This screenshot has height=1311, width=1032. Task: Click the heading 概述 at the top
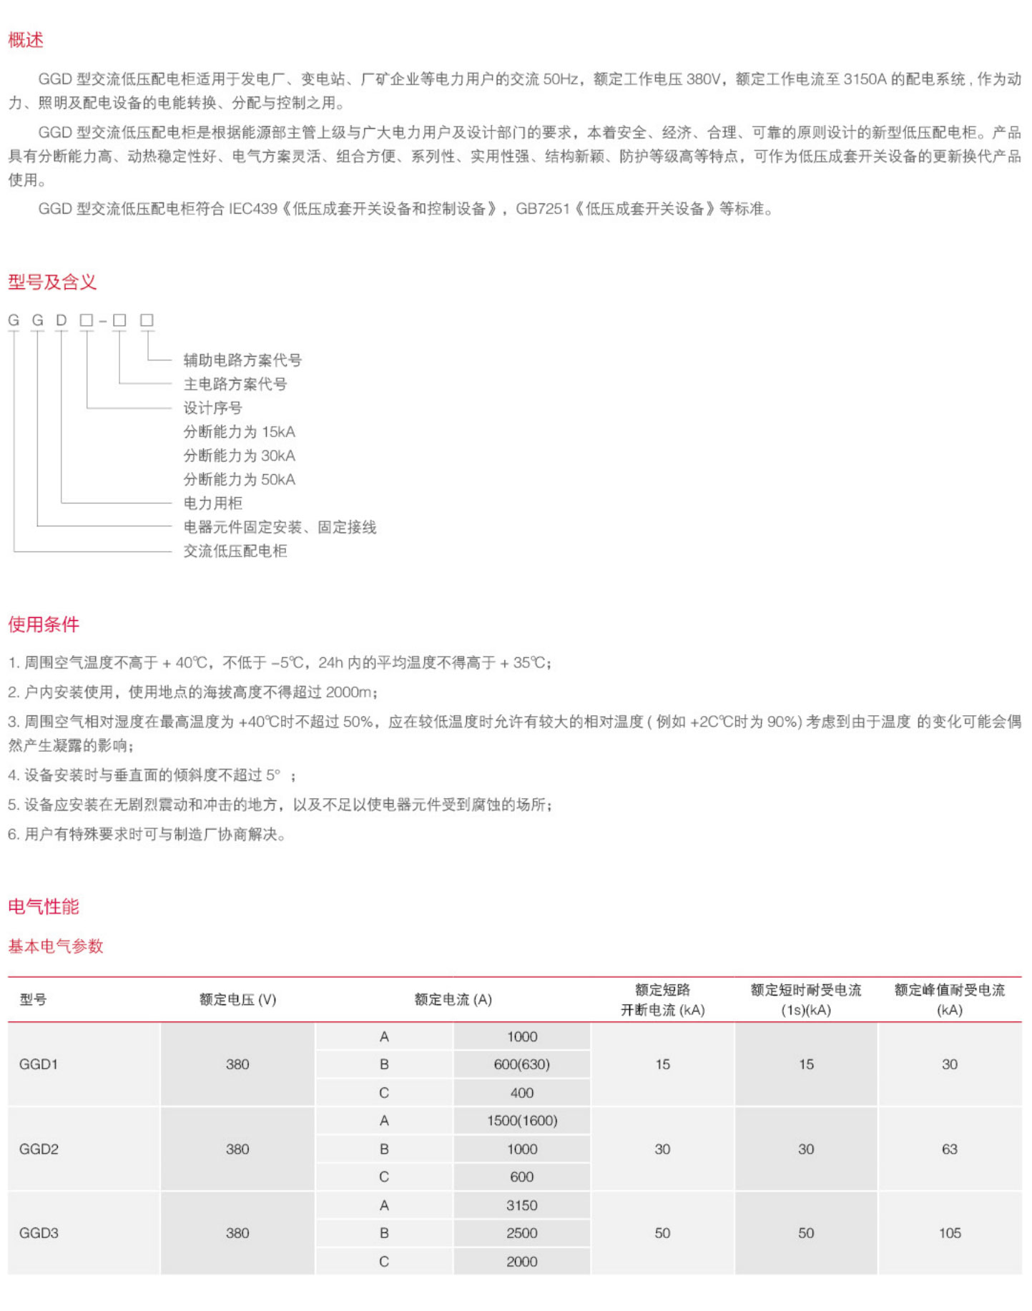tap(26, 40)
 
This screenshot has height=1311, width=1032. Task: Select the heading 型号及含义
tap(52, 282)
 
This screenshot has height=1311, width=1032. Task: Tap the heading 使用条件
tap(44, 624)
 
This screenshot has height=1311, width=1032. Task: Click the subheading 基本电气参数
tap(56, 946)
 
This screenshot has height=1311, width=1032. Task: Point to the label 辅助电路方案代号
tap(242, 360)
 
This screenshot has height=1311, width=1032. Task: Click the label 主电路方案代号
tap(235, 384)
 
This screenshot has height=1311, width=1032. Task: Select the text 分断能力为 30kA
tap(239, 456)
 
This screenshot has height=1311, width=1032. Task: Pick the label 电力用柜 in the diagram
tap(212, 503)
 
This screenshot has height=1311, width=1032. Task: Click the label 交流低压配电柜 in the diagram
tap(235, 551)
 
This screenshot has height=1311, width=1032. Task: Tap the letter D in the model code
tap(62, 320)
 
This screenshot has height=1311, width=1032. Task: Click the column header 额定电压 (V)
tap(237, 1000)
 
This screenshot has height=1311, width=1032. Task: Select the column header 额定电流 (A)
tap(453, 1000)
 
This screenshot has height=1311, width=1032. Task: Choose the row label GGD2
tap(39, 1149)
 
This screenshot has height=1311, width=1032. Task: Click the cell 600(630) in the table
tap(521, 1064)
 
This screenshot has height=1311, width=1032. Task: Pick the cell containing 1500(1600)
tap(521, 1121)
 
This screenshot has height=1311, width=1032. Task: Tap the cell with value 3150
tap(521, 1205)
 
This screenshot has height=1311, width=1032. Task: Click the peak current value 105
tap(950, 1233)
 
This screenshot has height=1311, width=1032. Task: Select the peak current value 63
tap(950, 1149)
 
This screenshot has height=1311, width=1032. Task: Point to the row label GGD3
tap(39, 1233)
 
